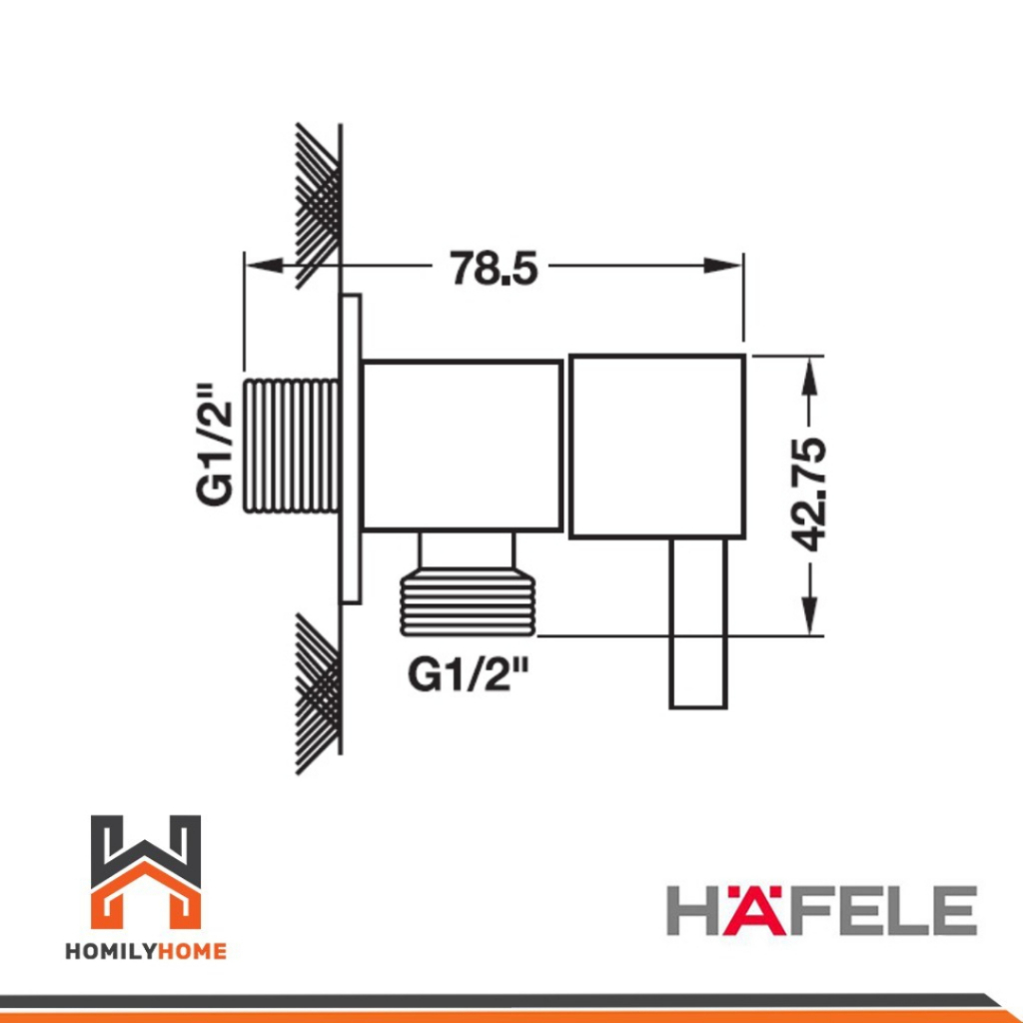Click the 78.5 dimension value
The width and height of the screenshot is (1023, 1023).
494,268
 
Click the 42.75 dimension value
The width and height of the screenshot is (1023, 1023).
807,495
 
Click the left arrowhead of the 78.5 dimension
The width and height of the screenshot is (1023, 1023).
264,266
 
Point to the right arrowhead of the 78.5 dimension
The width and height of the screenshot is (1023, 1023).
723,266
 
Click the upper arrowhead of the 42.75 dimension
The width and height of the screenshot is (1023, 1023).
809,376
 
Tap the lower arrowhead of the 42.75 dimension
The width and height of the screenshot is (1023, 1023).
809,615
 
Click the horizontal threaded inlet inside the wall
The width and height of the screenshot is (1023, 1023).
291,445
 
